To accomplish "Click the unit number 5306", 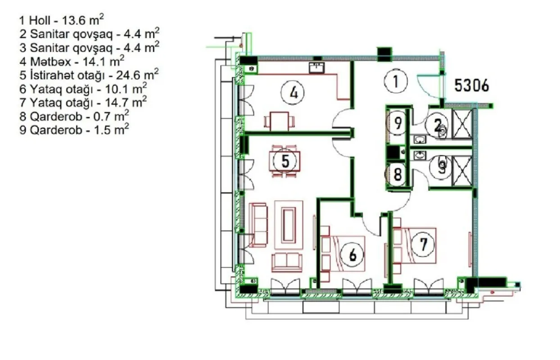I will (x=471, y=85).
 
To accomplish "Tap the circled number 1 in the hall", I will (x=396, y=81).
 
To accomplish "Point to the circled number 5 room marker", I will (x=285, y=161).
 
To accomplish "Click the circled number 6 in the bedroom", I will (x=352, y=255).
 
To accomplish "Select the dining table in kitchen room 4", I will (x=280, y=121).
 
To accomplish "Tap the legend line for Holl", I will (x=62, y=20).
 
